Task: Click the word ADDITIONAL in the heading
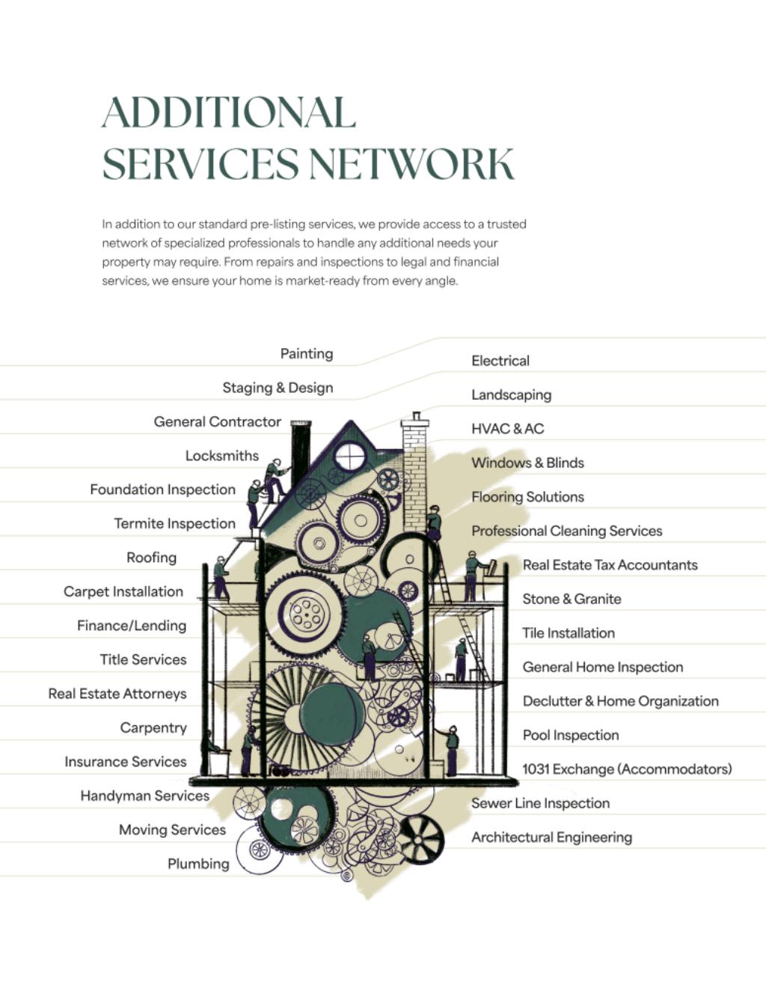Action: pyautogui.click(x=228, y=112)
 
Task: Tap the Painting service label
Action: pyautogui.click(x=307, y=353)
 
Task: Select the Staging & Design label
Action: pyautogui.click(x=278, y=388)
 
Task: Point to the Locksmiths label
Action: pyautogui.click(x=222, y=456)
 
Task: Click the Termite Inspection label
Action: pyautogui.click(x=174, y=524)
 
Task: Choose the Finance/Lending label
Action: pyautogui.click(x=132, y=626)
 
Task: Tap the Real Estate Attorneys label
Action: pyautogui.click(x=117, y=694)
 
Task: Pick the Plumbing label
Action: pyautogui.click(x=198, y=864)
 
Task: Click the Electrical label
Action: pyautogui.click(x=500, y=361)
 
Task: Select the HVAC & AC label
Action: pyautogui.click(x=508, y=429)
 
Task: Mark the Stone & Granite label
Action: pyautogui.click(x=572, y=599)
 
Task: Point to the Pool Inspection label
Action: pyautogui.click(x=571, y=735)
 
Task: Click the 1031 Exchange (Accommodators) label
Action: pyautogui.click(x=627, y=769)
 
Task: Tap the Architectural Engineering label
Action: pyautogui.click(x=551, y=837)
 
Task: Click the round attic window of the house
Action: pyautogui.click(x=349, y=456)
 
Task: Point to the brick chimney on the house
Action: pyautogui.click(x=414, y=472)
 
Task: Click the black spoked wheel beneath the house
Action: pyautogui.click(x=421, y=838)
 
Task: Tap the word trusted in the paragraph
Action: pyautogui.click(x=507, y=224)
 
